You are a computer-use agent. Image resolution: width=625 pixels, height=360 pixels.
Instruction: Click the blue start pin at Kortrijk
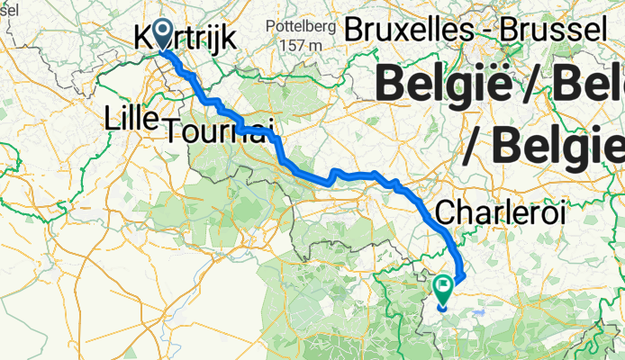tap(164, 33)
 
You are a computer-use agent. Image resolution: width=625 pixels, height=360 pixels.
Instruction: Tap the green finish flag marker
tap(443, 288)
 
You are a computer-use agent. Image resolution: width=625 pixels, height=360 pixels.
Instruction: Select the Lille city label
tap(131, 117)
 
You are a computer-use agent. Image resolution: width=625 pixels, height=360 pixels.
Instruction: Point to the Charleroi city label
tap(500, 212)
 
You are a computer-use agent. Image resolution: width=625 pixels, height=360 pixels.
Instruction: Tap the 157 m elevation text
tap(300, 45)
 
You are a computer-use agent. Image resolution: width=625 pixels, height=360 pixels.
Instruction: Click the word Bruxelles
tap(403, 29)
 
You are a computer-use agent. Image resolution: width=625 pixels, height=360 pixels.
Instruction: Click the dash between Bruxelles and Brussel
tap(474, 30)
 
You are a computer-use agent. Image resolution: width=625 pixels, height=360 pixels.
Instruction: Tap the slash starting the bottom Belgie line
tap(474, 145)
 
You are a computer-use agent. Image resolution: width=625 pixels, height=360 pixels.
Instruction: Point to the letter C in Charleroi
tap(444, 213)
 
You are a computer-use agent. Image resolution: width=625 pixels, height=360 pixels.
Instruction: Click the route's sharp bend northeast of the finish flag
tap(463, 275)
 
